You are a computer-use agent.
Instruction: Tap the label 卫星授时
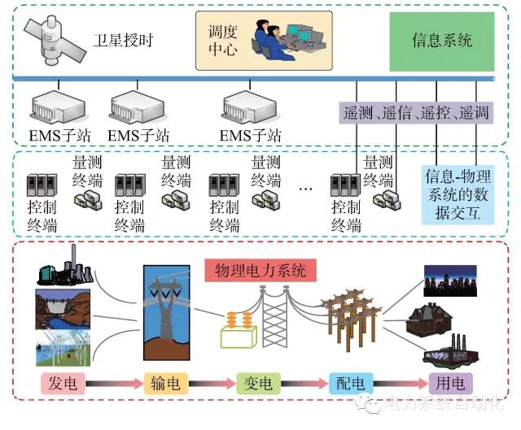[133, 40]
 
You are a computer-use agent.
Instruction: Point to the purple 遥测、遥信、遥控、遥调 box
[416, 113]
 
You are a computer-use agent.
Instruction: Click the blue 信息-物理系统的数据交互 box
[458, 193]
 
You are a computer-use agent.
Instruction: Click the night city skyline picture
[449, 280]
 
